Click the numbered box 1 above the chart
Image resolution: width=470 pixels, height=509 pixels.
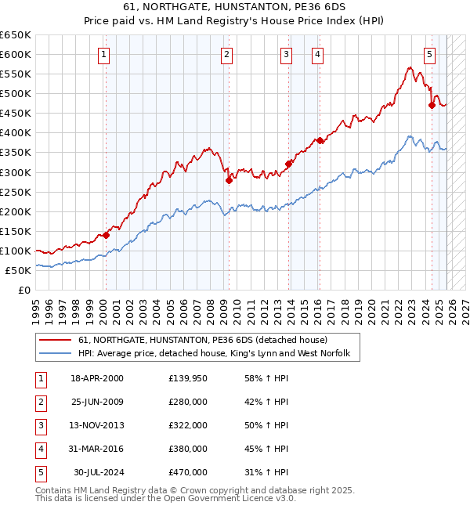coord(104,55)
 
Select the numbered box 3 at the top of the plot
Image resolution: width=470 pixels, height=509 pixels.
coord(287,55)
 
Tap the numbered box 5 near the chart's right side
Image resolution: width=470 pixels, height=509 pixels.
coord(430,55)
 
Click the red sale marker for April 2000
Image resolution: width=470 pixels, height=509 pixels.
coord(106,235)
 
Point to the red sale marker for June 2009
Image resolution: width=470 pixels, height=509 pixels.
coord(229,180)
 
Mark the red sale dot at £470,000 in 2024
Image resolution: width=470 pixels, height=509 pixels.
coord(432,105)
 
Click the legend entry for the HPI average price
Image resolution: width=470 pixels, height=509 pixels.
coord(219,355)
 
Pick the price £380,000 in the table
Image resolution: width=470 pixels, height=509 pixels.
coord(187,449)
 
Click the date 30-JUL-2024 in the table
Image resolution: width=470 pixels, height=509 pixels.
coord(99,472)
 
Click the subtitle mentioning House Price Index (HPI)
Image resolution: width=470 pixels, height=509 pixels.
coord(235,20)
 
